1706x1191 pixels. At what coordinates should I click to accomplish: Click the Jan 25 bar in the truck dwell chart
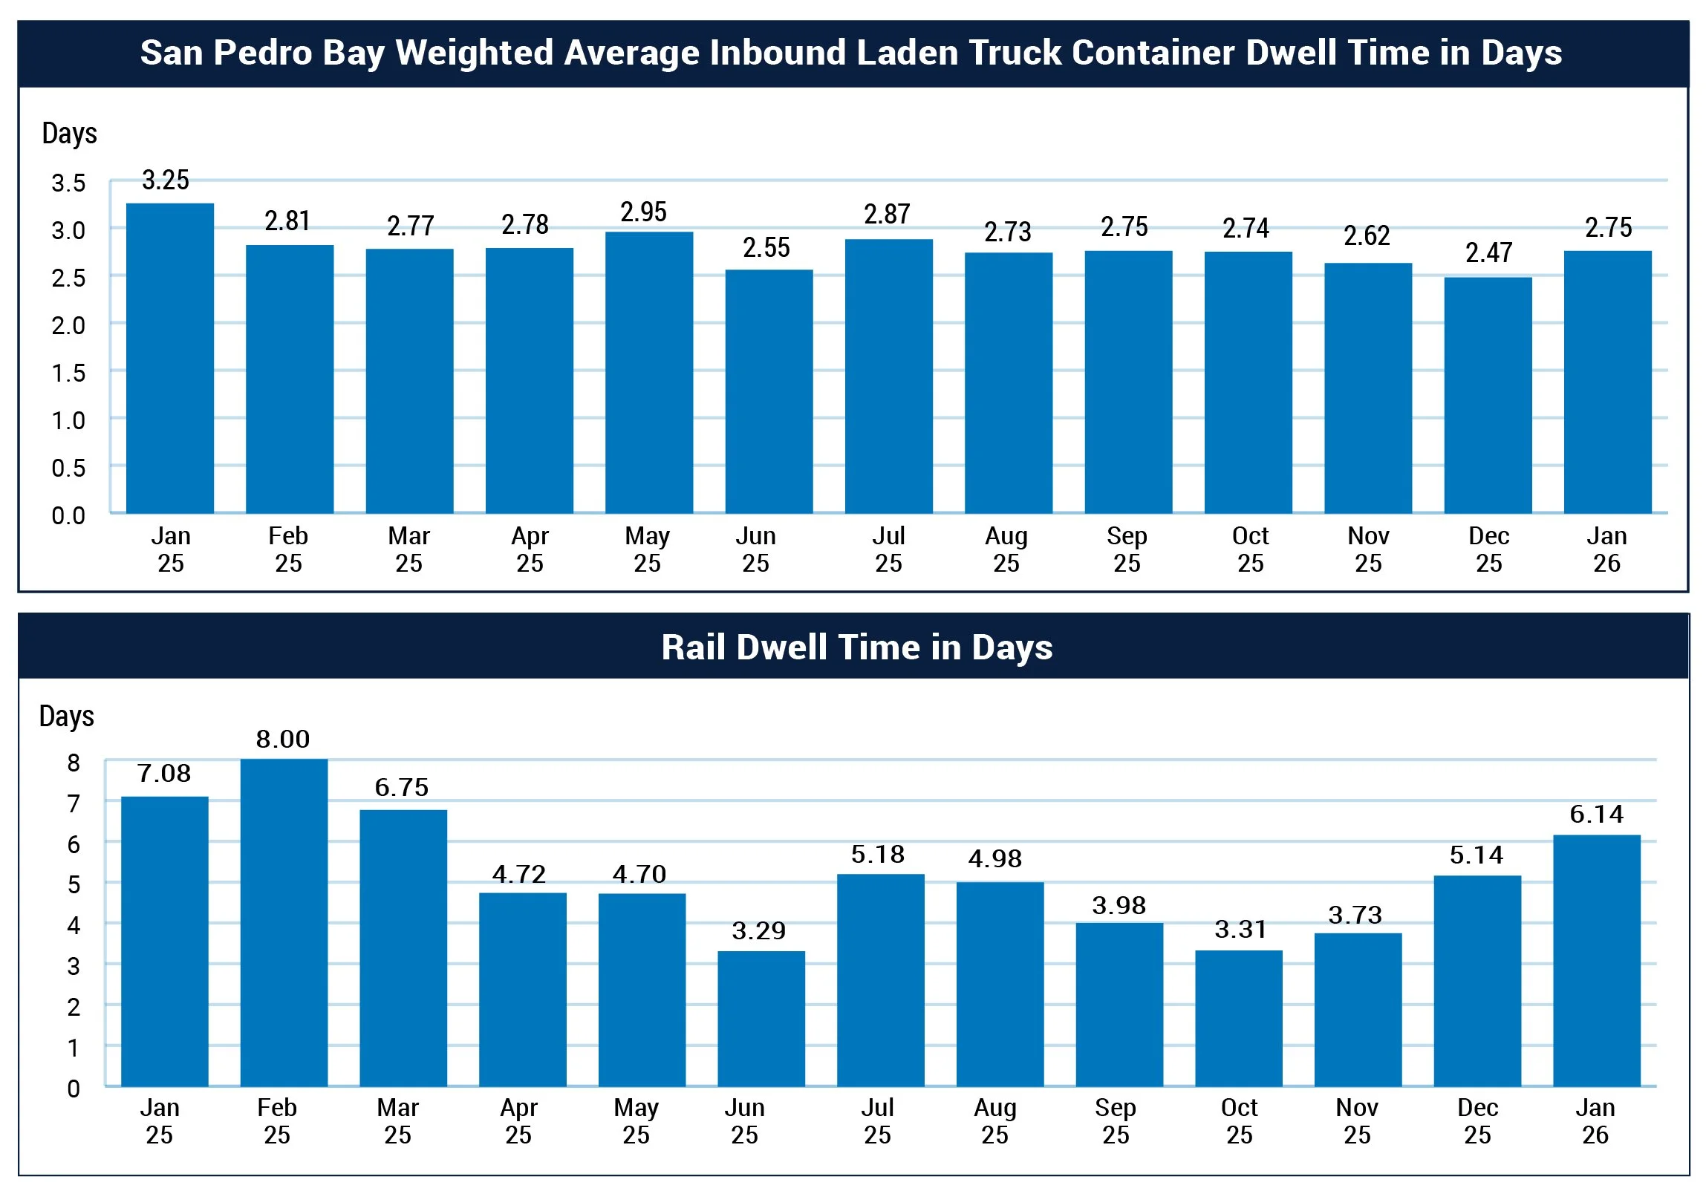point(170,358)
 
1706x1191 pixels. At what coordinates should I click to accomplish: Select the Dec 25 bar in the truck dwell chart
point(1488,395)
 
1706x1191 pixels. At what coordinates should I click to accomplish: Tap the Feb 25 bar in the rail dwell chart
point(284,923)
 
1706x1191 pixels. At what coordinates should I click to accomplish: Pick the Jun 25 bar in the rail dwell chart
point(761,1019)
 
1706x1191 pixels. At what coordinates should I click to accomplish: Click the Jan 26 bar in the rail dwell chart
point(1596,961)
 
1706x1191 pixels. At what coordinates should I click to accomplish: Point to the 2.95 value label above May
point(643,212)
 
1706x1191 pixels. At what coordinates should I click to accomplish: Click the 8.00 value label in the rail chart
point(282,740)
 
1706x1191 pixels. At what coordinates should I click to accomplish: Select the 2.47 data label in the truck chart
point(1488,253)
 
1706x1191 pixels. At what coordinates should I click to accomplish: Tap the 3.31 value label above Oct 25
point(1240,930)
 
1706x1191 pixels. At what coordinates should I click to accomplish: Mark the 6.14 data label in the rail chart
point(1596,815)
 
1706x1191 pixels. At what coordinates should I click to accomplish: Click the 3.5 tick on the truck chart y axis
point(68,183)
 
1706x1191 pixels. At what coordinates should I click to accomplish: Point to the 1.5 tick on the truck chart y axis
point(68,373)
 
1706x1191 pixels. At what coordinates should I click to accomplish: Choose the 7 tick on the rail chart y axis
point(74,804)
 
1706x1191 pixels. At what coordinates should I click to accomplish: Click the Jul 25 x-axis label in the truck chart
point(888,549)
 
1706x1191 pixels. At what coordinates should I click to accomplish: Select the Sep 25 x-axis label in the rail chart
point(1116,1121)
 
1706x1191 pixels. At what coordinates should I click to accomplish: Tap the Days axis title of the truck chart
point(69,134)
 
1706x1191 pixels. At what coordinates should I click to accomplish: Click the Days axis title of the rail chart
point(67,717)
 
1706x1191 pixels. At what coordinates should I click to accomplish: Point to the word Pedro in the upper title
point(256,53)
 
